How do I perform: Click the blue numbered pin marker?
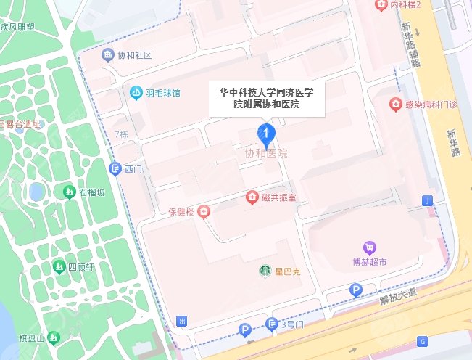click(x=266, y=134)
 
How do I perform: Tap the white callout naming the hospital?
click(x=266, y=98)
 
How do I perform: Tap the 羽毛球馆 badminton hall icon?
click(x=136, y=92)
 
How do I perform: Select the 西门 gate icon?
click(x=114, y=169)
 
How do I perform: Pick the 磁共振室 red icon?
click(x=252, y=197)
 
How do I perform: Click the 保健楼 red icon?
click(x=204, y=212)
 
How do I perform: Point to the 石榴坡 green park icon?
click(x=69, y=192)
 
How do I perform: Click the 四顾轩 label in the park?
click(x=82, y=267)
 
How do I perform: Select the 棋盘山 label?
click(x=32, y=339)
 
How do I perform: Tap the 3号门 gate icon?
click(x=272, y=324)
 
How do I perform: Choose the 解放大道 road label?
click(x=398, y=292)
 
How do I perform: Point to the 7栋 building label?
click(x=120, y=135)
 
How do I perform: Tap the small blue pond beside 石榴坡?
click(x=36, y=192)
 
